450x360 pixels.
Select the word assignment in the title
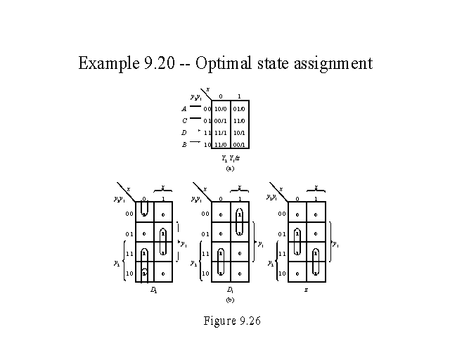click(329, 64)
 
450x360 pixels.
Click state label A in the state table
click(184, 109)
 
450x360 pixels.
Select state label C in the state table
click(184, 121)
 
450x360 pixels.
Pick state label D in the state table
click(184, 132)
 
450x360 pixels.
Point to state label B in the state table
click(184, 144)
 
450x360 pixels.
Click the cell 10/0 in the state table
click(220, 109)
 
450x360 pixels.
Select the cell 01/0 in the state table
click(239, 109)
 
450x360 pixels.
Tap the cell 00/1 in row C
click(220, 121)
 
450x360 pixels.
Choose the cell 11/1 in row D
click(220, 132)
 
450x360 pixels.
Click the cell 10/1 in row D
click(239, 132)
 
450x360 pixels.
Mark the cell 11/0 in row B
click(220, 144)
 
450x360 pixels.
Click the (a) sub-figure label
click(229, 169)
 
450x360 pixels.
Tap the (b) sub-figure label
click(229, 300)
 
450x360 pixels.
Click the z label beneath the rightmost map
click(307, 289)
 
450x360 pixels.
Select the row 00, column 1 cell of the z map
click(316, 214)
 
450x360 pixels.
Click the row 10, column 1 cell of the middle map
click(240, 273)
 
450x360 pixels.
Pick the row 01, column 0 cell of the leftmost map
click(144, 234)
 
